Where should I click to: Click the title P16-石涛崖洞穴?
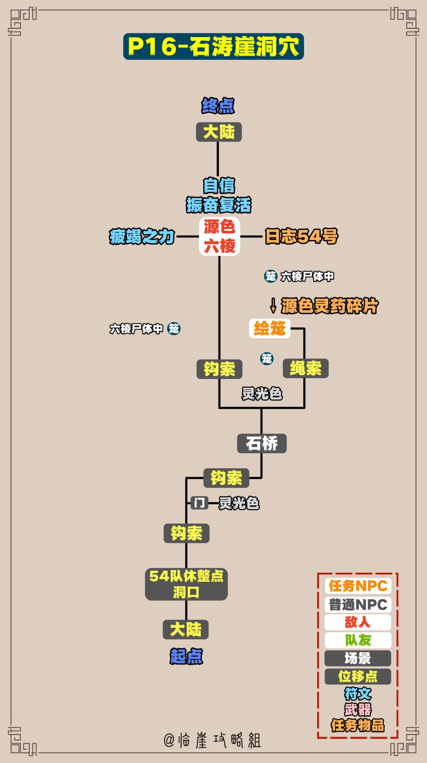click(213, 47)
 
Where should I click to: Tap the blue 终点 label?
click(218, 106)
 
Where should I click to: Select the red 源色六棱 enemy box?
click(219, 236)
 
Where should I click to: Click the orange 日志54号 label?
click(301, 236)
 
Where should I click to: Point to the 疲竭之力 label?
click(142, 237)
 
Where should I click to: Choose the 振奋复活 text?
click(219, 205)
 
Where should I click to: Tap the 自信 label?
click(219, 186)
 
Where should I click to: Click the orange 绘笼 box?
click(270, 328)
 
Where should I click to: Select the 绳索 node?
click(305, 369)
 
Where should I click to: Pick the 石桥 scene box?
click(262, 443)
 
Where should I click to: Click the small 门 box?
click(199, 503)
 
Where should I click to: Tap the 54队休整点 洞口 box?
click(186, 584)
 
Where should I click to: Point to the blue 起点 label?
click(186, 656)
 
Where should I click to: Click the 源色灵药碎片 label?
click(329, 306)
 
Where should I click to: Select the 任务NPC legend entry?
click(358, 586)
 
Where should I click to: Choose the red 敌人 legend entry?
click(358, 622)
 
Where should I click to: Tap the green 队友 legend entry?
click(358, 640)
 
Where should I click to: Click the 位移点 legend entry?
click(358, 676)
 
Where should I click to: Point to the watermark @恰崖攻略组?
click(212, 740)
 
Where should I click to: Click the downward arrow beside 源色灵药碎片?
click(273, 305)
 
